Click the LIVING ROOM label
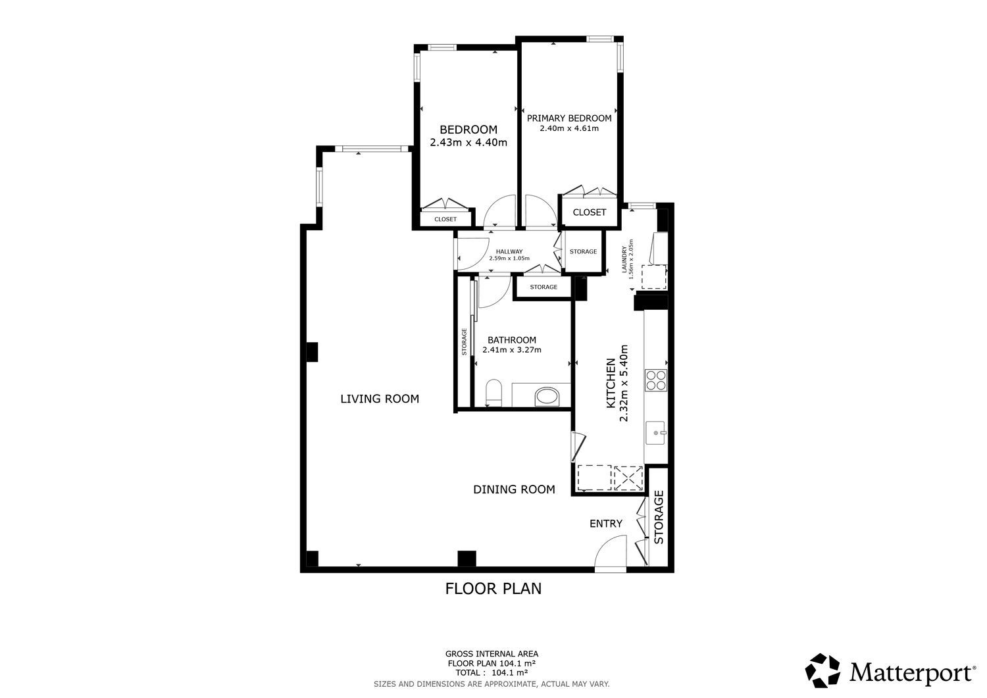click(380, 399)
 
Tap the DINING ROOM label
click(514, 489)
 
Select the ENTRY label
click(606, 524)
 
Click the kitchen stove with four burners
click(656, 380)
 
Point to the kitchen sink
click(656, 433)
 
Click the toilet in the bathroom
click(493, 393)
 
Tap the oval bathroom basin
click(547, 397)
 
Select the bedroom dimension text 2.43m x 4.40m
click(468, 142)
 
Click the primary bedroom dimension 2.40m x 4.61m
click(569, 129)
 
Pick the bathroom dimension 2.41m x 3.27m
click(511, 351)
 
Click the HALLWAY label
click(509, 251)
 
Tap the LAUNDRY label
click(624, 260)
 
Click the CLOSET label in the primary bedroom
click(589, 212)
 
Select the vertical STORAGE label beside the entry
click(659, 517)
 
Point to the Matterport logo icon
click(822, 670)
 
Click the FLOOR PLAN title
click(493, 589)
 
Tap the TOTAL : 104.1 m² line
click(492, 673)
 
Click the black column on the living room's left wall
click(312, 353)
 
